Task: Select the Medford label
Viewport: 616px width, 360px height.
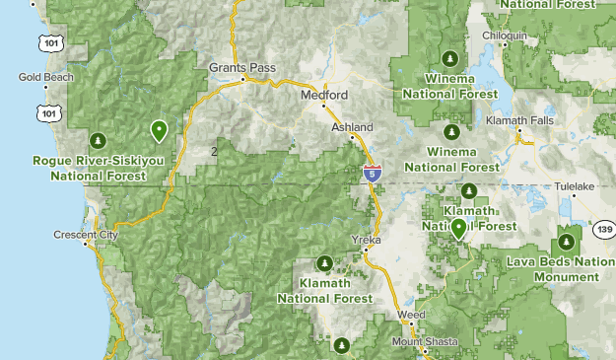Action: coord(325,95)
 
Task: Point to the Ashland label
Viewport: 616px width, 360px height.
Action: coord(352,127)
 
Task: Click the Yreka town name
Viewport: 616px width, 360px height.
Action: coord(366,240)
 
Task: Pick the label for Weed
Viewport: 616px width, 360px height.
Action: coord(411,315)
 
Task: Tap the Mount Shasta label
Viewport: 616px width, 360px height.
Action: coord(426,341)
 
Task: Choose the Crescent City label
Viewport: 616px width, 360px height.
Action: coord(87,236)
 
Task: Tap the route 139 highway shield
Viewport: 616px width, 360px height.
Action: coord(604,229)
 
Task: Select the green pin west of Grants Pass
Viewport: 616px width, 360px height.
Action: coord(158,130)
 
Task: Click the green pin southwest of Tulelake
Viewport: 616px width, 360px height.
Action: coord(458,229)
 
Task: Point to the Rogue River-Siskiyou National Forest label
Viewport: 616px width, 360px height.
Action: coord(97,168)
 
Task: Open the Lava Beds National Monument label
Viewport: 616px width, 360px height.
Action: coord(561,269)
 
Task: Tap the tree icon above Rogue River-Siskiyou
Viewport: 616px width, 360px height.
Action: coord(97,139)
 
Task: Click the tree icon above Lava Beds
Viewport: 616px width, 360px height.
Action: coord(569,240)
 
